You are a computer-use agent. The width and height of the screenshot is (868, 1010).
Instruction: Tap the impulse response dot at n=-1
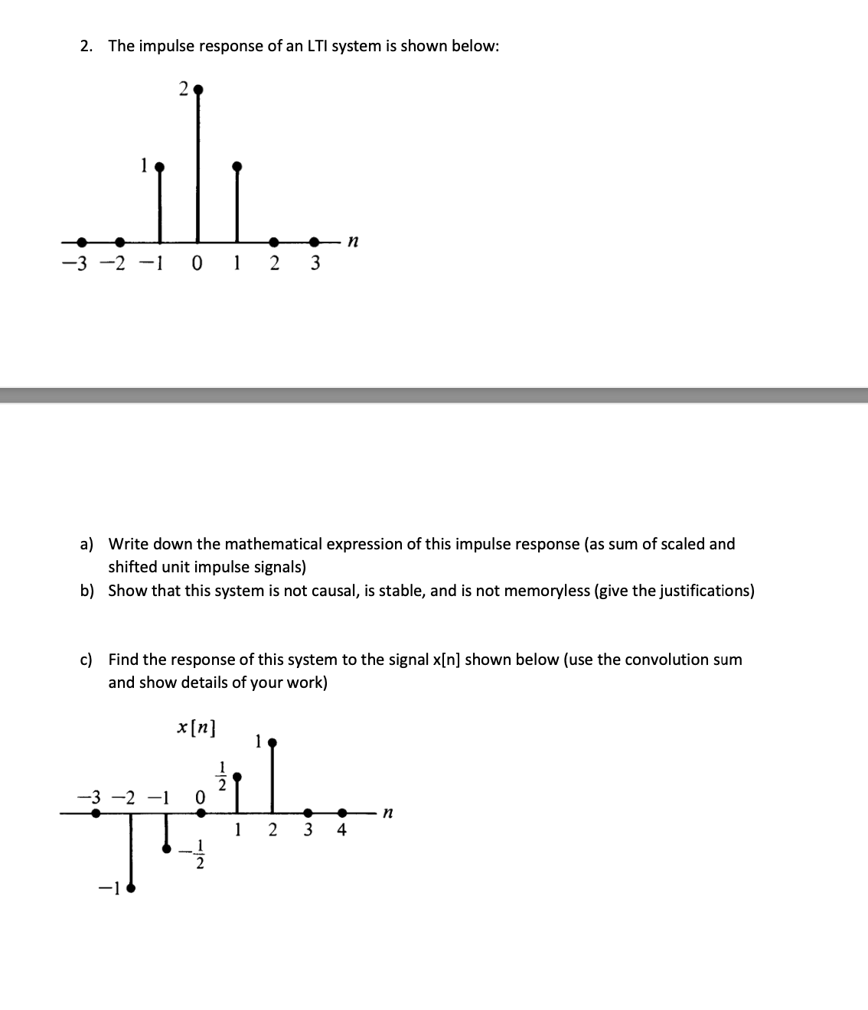(x=159, y=166)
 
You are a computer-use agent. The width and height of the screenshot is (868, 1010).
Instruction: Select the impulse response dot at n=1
(x=237, y=166)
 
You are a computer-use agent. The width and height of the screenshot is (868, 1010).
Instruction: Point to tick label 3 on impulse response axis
(x=314, y=264)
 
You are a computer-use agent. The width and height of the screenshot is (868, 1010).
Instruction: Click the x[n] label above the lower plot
(x=196, y=727)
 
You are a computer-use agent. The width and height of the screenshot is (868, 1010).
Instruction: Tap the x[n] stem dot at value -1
(x=130, y=888)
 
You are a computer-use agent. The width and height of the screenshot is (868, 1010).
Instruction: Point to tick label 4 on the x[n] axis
(x=341, y=830)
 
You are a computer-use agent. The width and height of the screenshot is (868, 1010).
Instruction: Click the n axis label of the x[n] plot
(x=388, y=815)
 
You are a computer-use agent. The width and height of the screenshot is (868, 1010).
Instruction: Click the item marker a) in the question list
(x=87, y=544)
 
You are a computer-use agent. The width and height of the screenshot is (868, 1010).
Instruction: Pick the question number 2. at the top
(x=86, y=46)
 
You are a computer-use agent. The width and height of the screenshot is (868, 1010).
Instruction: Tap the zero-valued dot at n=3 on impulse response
(x=314, y=242)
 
